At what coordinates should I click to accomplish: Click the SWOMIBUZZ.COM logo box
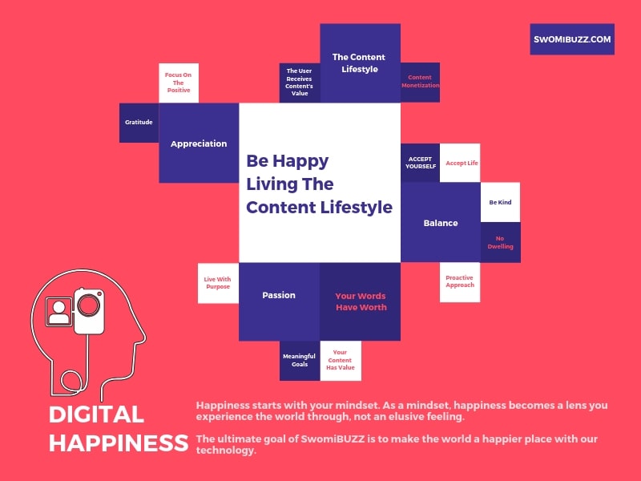pos(572,39)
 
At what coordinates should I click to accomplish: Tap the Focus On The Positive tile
pos(179,83)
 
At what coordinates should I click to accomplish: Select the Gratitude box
pos(139,123)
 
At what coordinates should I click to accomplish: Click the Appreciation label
pos(199,143)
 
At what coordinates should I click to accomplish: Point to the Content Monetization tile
pos(420,83)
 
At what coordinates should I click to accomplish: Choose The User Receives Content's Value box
pos(300,83)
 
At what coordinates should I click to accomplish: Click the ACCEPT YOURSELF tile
pos(420,163)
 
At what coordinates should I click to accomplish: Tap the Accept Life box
pos(460,163)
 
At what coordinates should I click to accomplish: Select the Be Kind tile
pos(500,203)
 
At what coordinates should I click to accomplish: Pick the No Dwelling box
pos(500,242)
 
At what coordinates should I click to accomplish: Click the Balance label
pos(441,223)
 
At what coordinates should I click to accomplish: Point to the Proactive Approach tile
pos(460,282)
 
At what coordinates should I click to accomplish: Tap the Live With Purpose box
pos(218,283)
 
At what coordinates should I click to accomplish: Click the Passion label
pos(279,295)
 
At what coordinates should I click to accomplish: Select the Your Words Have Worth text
pos(361,301)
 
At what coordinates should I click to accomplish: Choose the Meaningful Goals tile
pos(300,361)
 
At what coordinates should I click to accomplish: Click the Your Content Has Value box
pos(341,361)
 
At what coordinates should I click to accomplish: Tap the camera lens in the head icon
pos(89,305)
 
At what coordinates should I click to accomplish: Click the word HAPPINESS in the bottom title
pos(119,443)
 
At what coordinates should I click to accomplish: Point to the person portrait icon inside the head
pos(59,312)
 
